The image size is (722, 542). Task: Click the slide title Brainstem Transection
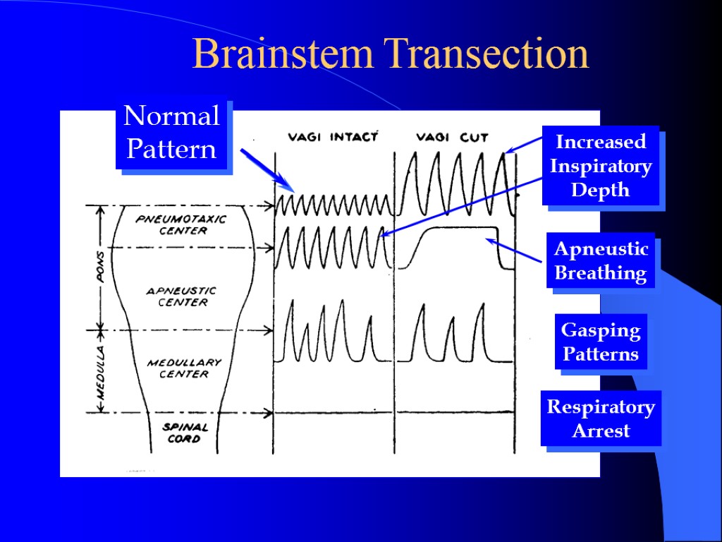tap(391, 54)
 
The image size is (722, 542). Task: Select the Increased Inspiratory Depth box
tap(601, 166)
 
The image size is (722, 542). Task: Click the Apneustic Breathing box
tap(601, 260)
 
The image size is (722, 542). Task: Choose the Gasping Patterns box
tap(601, 342)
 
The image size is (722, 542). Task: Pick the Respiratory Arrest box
tap(601, 418)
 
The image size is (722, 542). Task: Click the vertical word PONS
tap(101, 266)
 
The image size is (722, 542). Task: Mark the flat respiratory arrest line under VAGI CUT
tap(455, 411)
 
